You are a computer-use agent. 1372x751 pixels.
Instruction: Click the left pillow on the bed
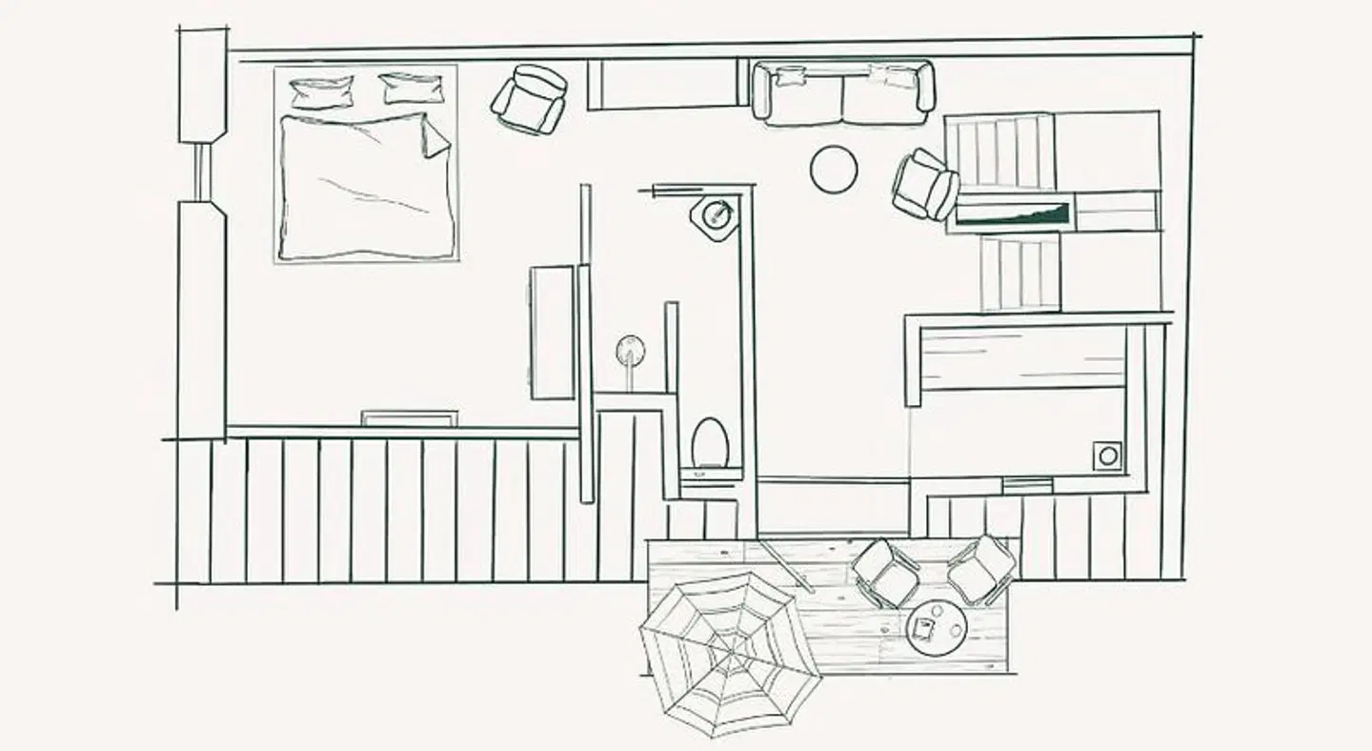[x=321, y=92]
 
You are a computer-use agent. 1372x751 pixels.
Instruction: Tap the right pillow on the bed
[x=412, y=88]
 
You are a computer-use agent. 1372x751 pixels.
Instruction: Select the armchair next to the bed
[x=529, y=99]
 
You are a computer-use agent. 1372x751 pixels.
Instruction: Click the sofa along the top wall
[x=843, y=93]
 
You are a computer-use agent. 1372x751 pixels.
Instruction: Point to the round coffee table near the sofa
[x=834, y=170]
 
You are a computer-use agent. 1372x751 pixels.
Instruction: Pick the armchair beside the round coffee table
[x=924, y=185]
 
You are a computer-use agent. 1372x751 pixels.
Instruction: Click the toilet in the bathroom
[x=710, y=443]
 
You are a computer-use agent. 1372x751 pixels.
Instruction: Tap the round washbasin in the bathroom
[x=630, y=351]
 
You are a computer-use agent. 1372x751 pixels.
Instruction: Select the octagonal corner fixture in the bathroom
[x=715, y=217]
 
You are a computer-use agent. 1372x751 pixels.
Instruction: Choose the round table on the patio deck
[x=937, y=627]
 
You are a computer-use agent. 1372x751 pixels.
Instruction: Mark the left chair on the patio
[x=885, y=572]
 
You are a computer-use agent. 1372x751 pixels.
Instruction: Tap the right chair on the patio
[x=981, y=570]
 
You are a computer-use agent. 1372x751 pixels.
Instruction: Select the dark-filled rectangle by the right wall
[x=1013, y=213]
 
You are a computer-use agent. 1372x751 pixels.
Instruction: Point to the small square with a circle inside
[x=1107, y=456]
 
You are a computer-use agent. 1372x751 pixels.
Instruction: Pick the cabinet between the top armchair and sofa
[x=662, y=84]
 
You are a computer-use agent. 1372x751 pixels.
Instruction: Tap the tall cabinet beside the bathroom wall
[x=553, y=332]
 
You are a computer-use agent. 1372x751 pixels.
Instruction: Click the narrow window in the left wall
[x=201, y=172]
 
